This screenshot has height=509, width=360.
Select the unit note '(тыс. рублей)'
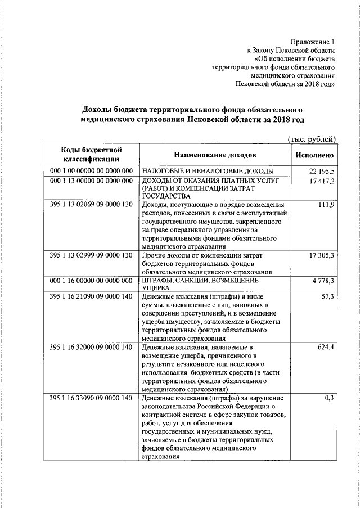point(312,138)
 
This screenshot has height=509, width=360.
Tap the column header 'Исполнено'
point(314,155)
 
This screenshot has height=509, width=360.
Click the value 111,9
point(326,205)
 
